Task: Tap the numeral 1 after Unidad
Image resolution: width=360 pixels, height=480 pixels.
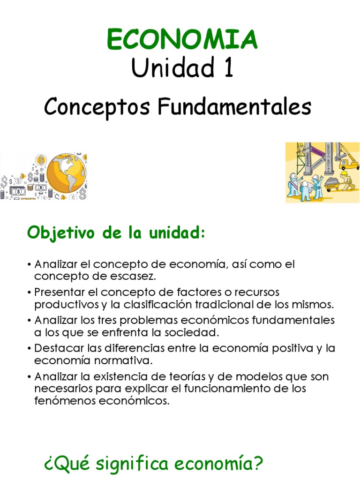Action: (226, 68)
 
